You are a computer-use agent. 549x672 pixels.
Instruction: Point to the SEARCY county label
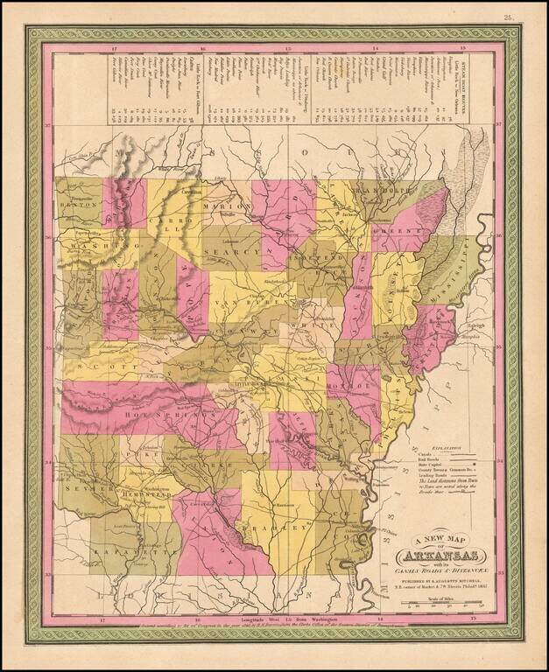[x=232, y=253]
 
